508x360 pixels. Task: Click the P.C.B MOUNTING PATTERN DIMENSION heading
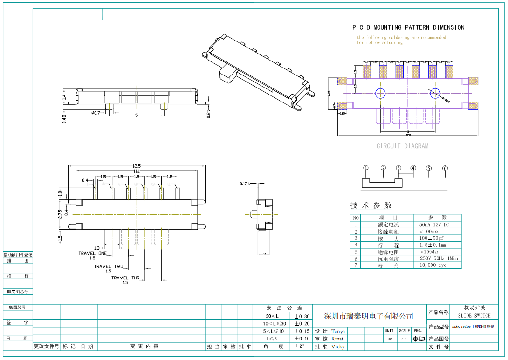408,27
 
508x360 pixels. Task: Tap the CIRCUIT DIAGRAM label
402,146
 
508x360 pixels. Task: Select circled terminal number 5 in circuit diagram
429,169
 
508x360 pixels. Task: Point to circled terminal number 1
366,168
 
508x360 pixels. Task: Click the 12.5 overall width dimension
137,166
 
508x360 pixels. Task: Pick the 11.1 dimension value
137,171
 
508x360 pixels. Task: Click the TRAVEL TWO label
109,266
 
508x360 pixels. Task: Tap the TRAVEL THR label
125,278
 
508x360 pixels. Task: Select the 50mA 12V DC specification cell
434,224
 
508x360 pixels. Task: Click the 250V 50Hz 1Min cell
439,258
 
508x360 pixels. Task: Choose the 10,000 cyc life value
433,265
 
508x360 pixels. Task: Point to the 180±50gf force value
432,238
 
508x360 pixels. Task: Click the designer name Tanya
338,331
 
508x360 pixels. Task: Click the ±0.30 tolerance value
302,316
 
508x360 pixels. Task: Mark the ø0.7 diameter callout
96,113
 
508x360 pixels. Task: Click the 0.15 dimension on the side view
244,184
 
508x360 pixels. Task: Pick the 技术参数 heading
371,205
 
